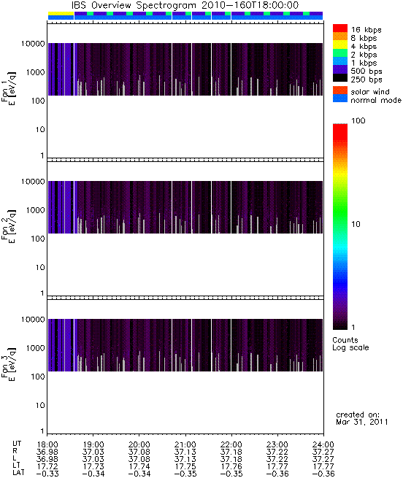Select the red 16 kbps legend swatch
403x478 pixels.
tap(340, 28)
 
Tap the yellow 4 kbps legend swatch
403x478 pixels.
tap(340, 45)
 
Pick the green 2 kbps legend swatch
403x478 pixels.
tap(340, 53)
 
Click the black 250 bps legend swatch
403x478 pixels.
tap(340, 78)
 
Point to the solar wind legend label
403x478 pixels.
tap(370, 92)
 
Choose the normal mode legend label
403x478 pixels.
tap(376, 100)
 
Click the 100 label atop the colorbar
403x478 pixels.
tap(358, 120)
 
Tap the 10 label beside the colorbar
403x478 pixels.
tap(356, 224)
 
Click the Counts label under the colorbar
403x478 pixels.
tap(345, 340)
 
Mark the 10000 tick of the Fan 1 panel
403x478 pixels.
tap(33, 44)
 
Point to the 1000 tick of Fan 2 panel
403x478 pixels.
tap(35, 210)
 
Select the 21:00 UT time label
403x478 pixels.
tap(185, 444)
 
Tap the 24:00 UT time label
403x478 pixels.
tap(323, 444)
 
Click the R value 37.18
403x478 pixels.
tap(231, 452)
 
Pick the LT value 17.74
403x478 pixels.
tap(139, 466)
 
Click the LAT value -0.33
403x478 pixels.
tap(47, 474)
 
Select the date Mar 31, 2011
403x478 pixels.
tap(362, 423)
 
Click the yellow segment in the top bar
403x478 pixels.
tap(61, 14)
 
